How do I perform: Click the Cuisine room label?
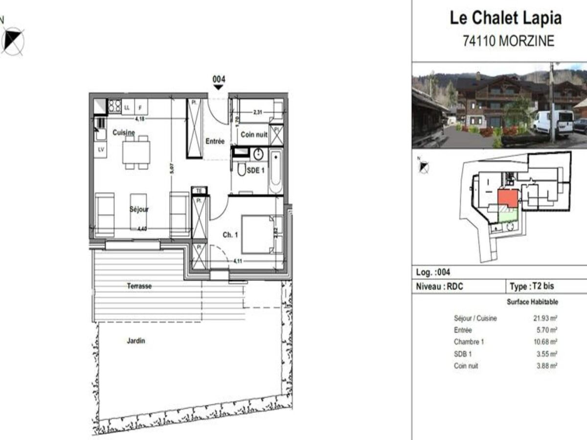pyautogui.click(x=124, y=132)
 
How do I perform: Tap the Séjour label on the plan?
pyautogui.click(x=139, y=209)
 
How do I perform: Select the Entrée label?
pyautogui.click(x=215, y=141)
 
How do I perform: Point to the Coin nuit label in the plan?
pyautogui.click(x=254, y=135)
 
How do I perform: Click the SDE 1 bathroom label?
pyautogui.click(x=255, y=170)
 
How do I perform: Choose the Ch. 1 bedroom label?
pyautogui.click(x=230, y=235)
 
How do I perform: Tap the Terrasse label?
pyautogui.click(x=139, y=286)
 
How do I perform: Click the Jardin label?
pyautogui.click(x=135, y=341)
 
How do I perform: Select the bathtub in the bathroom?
pyautogui.click(x=275, y=172)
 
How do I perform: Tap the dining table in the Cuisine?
pyautogui.click(x=136, y=153)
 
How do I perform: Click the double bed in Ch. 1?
pyautogui.click(x=259, y=235)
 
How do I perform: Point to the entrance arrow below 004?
pyautogui.click(x=218, y=87)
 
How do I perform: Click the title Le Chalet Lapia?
pyautogui.click(x=506, y=18)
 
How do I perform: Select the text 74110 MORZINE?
pyautogui.click(x=508, y=41)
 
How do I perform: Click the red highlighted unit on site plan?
pyautogui.click(x=507, y=198)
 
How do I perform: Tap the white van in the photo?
pyautogui.click(x=553, y=122)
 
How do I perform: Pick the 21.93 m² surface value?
pyautogui.click(x=545, y=318)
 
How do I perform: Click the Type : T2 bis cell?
pyautogui.click(x=532, y=286)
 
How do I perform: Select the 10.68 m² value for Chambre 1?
pyautogui.click(x=545, y=342)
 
